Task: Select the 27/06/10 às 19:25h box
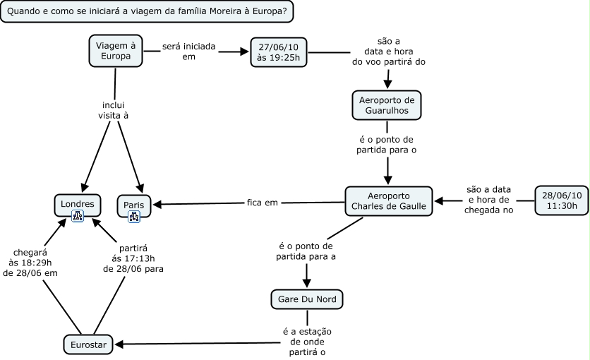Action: pos(279,52)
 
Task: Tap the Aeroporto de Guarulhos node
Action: pos(386,104)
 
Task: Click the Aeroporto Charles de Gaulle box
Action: pos(388,200)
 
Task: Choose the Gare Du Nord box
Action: pos(307,299)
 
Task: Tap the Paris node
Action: pos(133,204)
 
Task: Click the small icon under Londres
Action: pos(78,217)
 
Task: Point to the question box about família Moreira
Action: pos(146,12)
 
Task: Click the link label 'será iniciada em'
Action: pos(188,51)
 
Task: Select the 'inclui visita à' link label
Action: pos(113,109)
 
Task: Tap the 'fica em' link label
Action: pos(262,203)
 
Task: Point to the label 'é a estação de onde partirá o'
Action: pos(307,342)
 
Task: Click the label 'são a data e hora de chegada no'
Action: pos(488,200)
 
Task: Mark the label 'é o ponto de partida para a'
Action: pos(306,251)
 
